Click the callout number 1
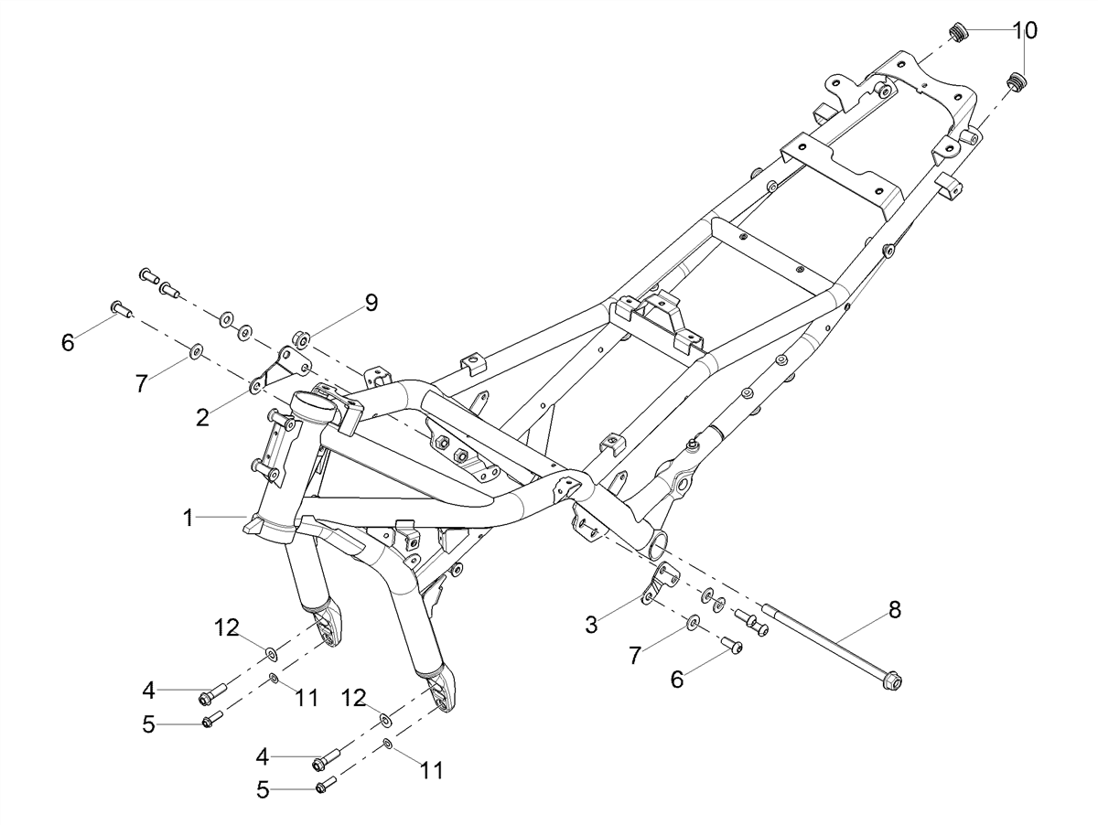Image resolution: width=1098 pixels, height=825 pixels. tap(188, 518)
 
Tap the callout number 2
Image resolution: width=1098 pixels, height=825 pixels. tap(202, 417)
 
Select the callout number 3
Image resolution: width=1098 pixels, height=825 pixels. tap(591, 625)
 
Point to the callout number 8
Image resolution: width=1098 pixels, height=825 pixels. tap(894, 609)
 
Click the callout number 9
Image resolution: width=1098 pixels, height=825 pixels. tap(371, 303)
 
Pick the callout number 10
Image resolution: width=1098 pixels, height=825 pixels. tap(1025, 30)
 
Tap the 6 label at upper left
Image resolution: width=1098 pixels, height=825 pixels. tap(68, 342)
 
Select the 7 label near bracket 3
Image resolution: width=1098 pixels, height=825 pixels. tap(634, 656)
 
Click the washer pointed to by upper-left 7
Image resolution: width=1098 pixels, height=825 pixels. tap(195, 351)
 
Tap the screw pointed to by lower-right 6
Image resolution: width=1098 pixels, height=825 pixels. tap(732, 645)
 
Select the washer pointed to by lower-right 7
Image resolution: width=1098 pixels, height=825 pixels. tap(693, 622)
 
